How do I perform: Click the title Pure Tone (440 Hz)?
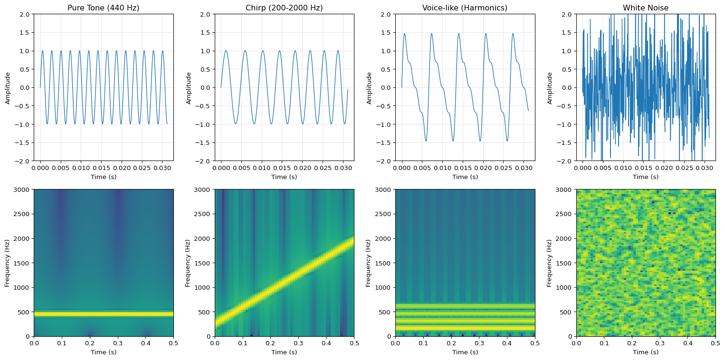coord(104,8)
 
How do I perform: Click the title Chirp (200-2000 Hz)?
coord(284,8)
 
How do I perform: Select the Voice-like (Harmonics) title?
coord(465,8)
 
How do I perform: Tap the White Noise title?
coord(646,8)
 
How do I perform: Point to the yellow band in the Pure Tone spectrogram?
coord(104,314)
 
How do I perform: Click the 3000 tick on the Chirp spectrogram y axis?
coord(204,189)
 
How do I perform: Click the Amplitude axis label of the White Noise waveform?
coord(550,88)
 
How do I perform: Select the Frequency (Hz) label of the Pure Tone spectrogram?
coord(8,263)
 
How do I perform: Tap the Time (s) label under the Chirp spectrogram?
coord(284,352)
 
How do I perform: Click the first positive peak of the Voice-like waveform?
coord(404,33)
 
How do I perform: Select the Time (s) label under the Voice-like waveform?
coord(465,177)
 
